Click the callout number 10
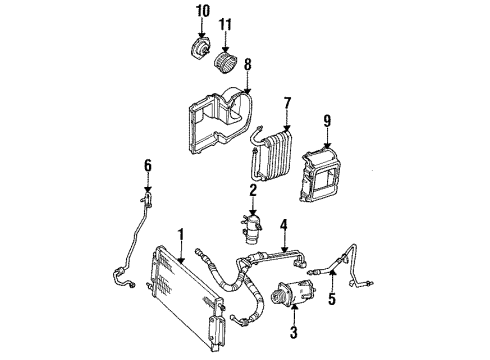[x=204, y=11]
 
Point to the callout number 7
[x=286, y=102]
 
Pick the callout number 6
[x=147, y=164]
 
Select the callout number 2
[x=254, y=190]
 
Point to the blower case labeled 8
[x=215, y=125]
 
